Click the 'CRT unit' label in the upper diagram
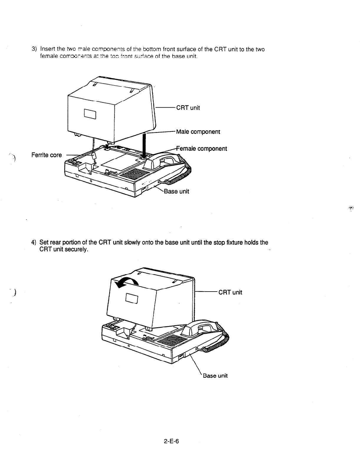tap(188, 108)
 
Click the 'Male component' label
tap(198, 131)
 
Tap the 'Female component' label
tap(202, 149)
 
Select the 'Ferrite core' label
tap(47, 155)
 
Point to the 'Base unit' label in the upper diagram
tap(176, 191)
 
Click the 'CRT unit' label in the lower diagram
tap(230, 292)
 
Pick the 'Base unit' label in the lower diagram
tap(215, 376)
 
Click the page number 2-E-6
tap(172, 441)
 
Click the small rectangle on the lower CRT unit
tap(132, 298)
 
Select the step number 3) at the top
tap(34, 49)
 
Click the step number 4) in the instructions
tap(34, 243)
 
